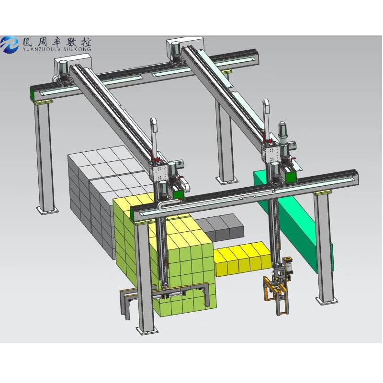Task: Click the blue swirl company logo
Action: coord(9,45)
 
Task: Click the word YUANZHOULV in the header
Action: coord(43,49)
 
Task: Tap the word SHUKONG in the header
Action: coord(78,49)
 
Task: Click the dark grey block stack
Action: coord(219,227)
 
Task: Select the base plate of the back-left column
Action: coord(47,210)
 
